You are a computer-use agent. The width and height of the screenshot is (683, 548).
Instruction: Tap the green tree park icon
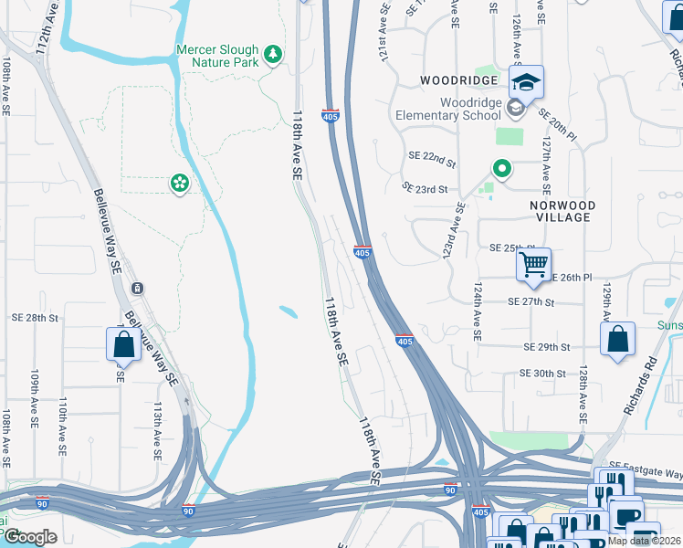(x=272, y=56)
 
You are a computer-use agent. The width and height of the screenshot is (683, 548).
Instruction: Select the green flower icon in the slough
(x=179, y=184)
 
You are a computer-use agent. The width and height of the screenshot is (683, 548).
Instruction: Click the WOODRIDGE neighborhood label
(x=458, y=80)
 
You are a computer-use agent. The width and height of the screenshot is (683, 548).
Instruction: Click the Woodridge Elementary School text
(x=448, y=109)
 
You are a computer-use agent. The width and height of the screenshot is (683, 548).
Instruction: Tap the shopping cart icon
(x=533, y=266)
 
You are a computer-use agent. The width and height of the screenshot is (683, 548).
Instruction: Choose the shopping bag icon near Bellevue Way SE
(x=123, y=344)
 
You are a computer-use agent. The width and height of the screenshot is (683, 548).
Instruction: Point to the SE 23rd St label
(x=426, y=188)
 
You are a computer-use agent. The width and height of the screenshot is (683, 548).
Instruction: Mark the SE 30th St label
(x=543, y=373)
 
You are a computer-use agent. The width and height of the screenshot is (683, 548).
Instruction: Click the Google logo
(x=30, y=537)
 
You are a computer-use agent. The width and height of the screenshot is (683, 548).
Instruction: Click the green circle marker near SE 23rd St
(x=501, y=168)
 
